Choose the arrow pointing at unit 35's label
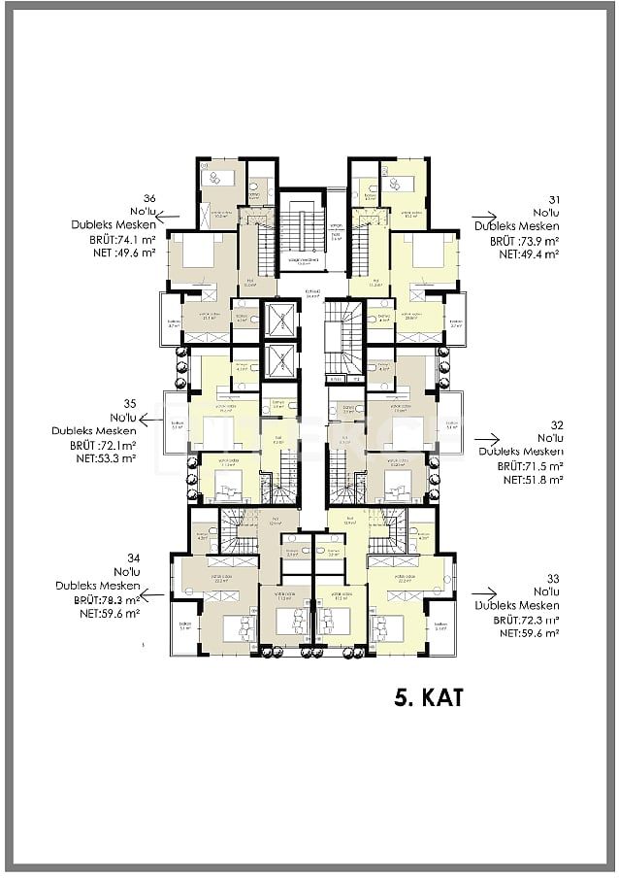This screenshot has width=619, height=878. (x=150, y=420)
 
